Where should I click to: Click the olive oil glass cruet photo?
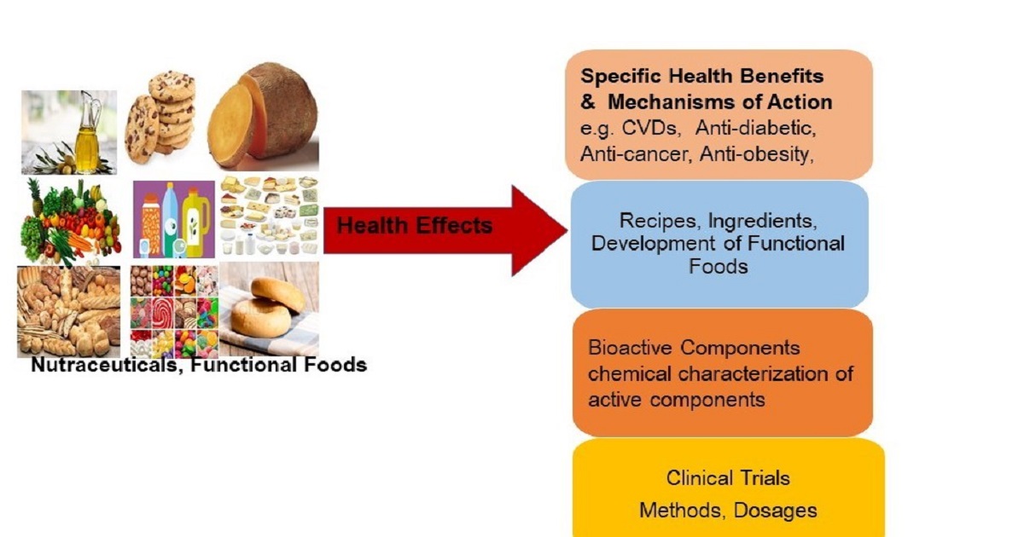69,132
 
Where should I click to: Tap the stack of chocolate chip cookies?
160,117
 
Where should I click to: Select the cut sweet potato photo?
263,116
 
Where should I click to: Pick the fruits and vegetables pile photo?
70,222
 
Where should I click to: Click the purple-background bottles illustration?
174,219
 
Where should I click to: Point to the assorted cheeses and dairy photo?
270,216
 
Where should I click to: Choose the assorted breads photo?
68,311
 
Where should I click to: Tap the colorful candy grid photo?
174,311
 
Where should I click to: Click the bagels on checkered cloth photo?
270,309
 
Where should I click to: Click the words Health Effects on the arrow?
415,226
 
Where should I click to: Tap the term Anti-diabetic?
756,128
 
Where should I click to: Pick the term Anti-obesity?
757,154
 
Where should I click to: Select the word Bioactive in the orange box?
630,348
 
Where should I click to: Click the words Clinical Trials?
728,478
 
